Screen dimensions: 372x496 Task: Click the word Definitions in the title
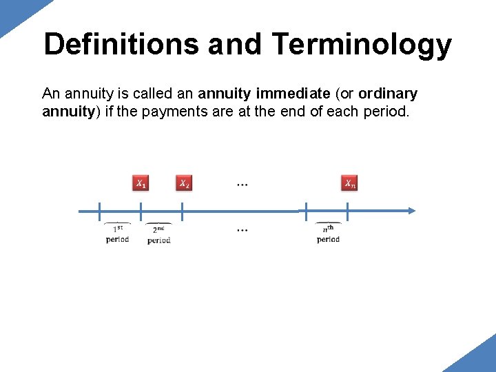click(121, 45)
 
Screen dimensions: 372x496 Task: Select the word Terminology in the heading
click(362, 45)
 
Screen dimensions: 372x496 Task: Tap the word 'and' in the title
click(235, 45)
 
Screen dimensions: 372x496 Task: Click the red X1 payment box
click(141, 183)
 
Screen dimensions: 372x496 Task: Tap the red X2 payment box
click(184, 183)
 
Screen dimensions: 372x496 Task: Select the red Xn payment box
click(351, 183)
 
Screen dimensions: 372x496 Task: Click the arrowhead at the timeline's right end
click(411, 211)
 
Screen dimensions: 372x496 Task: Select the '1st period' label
click(117, 234)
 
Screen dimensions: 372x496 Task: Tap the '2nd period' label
click(158, 234)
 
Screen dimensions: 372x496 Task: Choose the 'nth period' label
click(328, 234)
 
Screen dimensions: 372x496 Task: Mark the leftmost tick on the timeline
click(99, 211)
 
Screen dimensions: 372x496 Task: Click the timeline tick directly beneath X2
click(182, 211)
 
